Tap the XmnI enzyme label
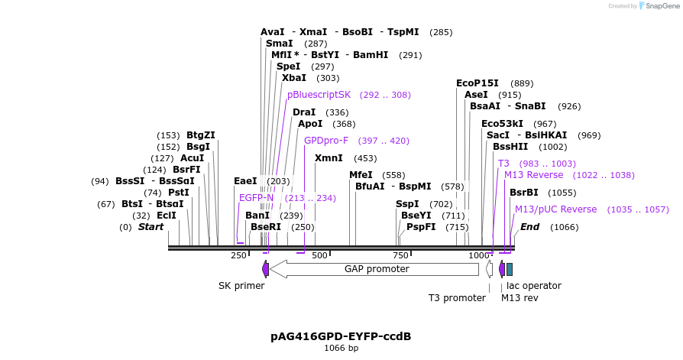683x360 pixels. click(x=329, y=158)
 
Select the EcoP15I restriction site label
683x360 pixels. click(x=477, y=83)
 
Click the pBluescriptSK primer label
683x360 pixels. click(x=319, y=95)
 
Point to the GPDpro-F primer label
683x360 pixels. click(x=326, y=141)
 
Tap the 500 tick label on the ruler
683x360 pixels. click(x=319, y=255)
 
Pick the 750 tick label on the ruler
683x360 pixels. click(x=400, y=255)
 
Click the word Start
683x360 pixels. click(x=151, y=227)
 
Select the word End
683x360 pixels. click(x=529, y=227)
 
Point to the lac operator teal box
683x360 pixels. click(x=510, y=269)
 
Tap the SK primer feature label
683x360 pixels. click(x=241, y=286)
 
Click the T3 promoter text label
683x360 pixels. click(x=456, y=298)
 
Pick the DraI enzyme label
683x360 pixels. click(x=303, y=112)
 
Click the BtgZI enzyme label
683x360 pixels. click(x=201, y=135)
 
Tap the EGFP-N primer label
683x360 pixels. click(x=256, y=198)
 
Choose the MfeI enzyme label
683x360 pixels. click(x=361, y=175)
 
